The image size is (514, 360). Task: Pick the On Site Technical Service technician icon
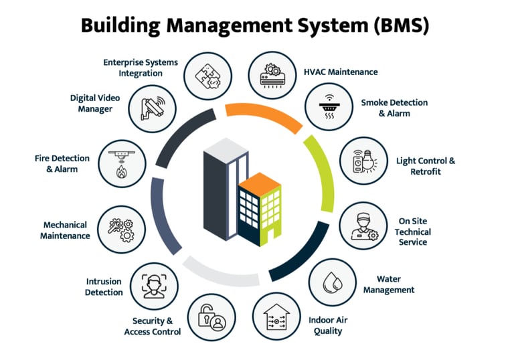(x=362, y=226)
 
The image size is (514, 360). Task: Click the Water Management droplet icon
(x=333, y=282)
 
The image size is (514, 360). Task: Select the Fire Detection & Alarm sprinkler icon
(x=121, y=162)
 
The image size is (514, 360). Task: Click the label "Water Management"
(x=395, y=284)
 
